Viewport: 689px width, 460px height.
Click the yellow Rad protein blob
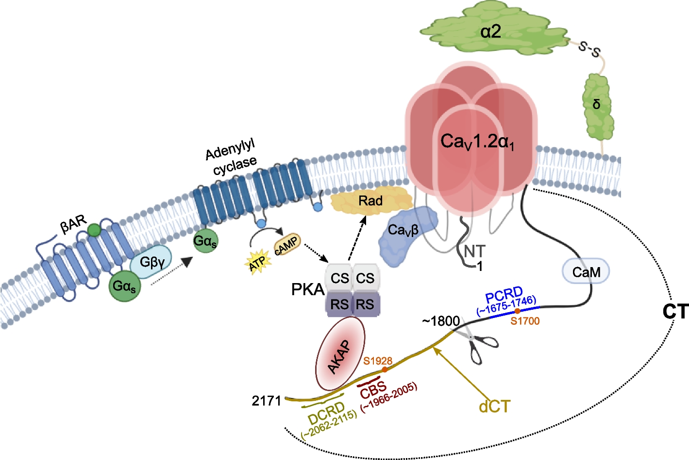pyautogui.click(x=370, y=201)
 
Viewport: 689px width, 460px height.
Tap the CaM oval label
pyautogui.click(x=586, y=272)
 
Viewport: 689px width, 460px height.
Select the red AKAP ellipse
pyautogui.click(x=340, y=354)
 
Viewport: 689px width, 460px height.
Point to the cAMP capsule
pyautogui.click(x=287, y=245)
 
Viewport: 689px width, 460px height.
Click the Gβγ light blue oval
pyautogui.click(x=152, y=262)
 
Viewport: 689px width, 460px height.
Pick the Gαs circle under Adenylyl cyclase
pyautogui.click(x=205, y=241)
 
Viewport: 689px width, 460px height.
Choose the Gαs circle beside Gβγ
pyautogui.click(x=125, y=286)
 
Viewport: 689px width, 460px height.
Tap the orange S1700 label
pyautogui.click(x=525, y=321)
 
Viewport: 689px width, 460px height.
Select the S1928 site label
pyautogui.click(x=378, y=361)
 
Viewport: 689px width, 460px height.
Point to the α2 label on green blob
pyautogui.click(x=490, y=32)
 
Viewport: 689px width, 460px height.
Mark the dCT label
pyautogui.click(x=495, y=406)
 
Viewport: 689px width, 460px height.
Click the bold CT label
pyautogui.click(x=675, y=312)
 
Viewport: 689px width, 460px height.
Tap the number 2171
pyautogui.click(x=267, y=401)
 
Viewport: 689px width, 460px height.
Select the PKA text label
pyautogui.click(x=307, y=289)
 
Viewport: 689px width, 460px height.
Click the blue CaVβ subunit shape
pyautogui.click(x=406, y=235)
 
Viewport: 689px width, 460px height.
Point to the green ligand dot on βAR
pyautogui.click(x=94, y=230)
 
